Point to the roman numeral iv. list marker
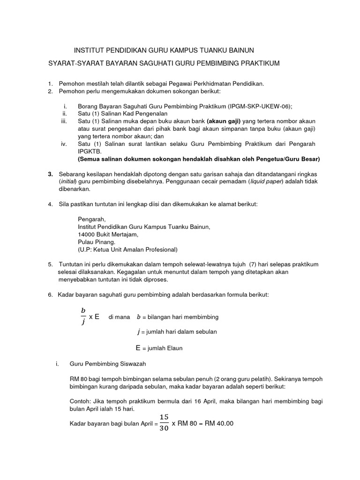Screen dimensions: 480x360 65,144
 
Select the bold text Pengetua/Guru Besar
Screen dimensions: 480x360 289,159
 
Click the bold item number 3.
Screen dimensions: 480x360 50,174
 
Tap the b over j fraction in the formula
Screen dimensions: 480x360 83,316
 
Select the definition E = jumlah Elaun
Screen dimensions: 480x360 159,348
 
